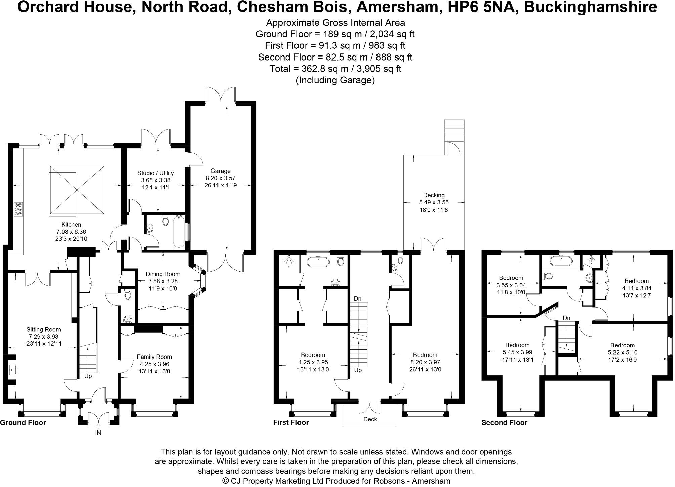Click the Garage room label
tap(221, 171)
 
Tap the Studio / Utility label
tap(155, 173)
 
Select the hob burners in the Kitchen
tap(18, 209)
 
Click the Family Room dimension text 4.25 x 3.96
tap(154, 364)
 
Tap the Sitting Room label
tap(44, 329)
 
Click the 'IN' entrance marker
tap(98, 433)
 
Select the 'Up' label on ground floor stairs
tap(88, 376)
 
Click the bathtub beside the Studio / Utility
tap(178, 232)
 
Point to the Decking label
tap(434, 195)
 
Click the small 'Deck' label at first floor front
tap(370, 419)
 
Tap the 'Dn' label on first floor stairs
tap(358, 298)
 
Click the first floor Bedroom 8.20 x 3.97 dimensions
tap(425, 362)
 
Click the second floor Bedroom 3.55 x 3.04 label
tap(511, 278)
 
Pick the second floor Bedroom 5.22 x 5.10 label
tap(622, 345)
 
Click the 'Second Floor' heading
tap(504, 423)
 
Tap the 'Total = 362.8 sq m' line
tap(335, 69)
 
